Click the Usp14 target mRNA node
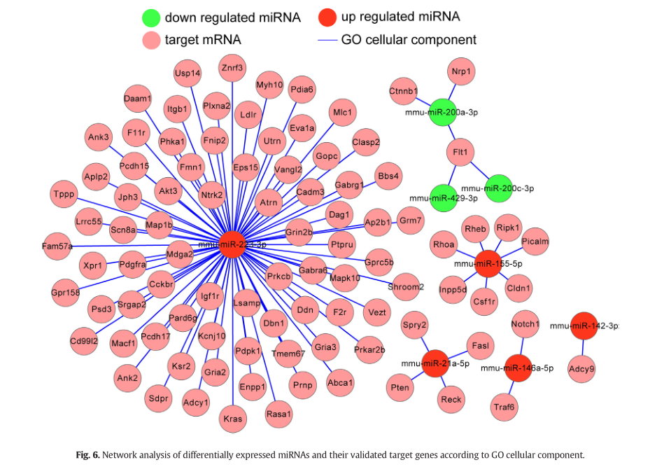[188, 74]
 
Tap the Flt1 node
[460, 152]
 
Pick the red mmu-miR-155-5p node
[488, 264]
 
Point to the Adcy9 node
[581, 368]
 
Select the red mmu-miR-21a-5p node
[434, 363]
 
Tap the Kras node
[233, 419]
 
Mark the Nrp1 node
[460, 71]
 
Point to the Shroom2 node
[406, 286]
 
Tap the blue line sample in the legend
[327, 41]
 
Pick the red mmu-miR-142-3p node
[584, 326]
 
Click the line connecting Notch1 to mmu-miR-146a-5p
[522, 346]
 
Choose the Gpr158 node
[65, 293]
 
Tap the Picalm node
[535, 242]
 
